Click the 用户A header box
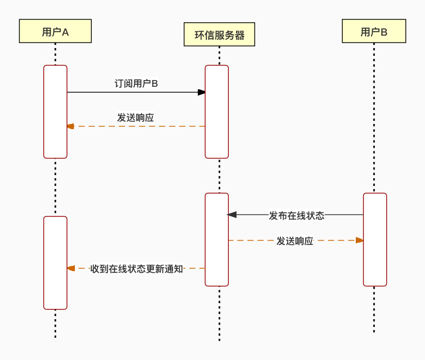(55, 31)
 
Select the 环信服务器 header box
(219, 35)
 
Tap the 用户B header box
(374, 31)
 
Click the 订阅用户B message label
(136, 83)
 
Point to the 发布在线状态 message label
(296, 215)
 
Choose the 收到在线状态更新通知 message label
(136, 269)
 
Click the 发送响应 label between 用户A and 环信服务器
(135, 118)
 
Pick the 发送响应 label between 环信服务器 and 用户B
(294, 241)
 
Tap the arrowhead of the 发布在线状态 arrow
(232, 214)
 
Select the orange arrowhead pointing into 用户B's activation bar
(359, 240)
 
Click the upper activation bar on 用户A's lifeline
(55, 112)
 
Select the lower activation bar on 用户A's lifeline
(55, 262)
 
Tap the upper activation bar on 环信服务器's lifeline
(216, 112)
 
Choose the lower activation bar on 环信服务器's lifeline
(216, 239)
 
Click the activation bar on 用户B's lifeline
(375, 239)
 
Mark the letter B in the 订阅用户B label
(154, 84)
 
